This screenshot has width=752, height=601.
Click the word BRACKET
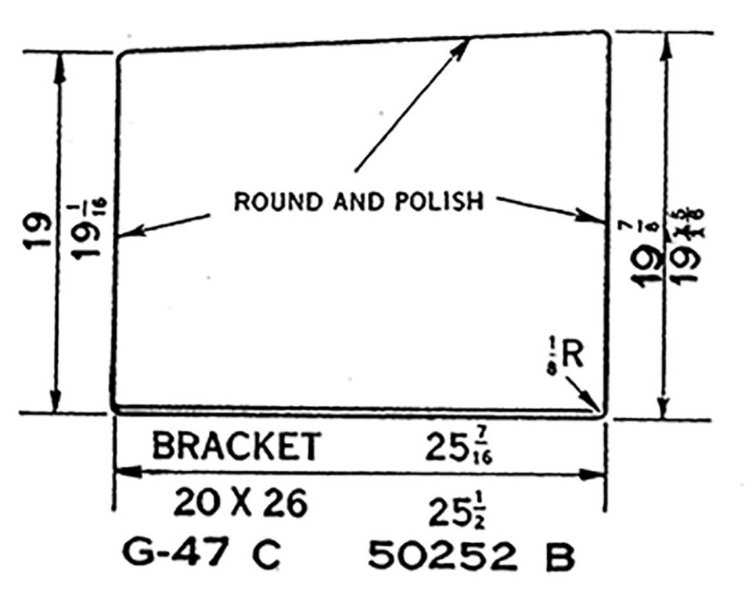(x=236, y=446)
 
